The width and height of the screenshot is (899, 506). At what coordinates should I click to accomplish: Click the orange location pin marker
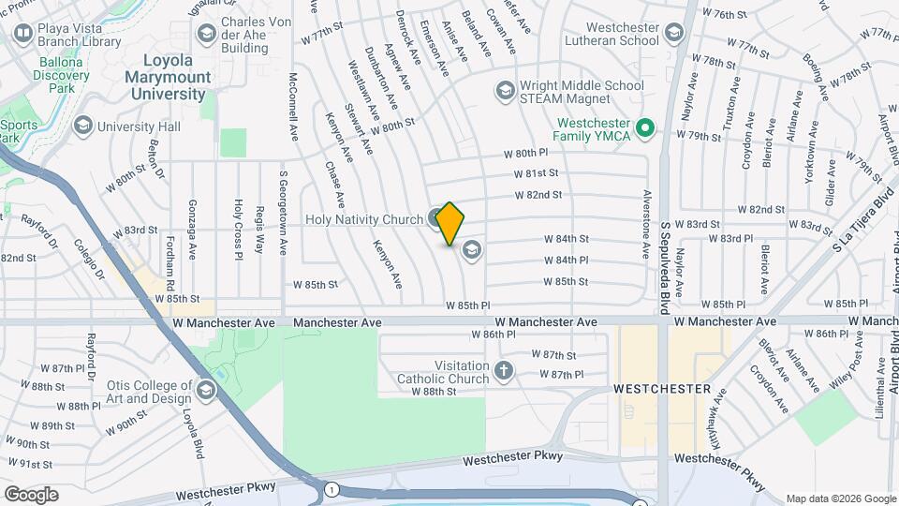click(450, 223)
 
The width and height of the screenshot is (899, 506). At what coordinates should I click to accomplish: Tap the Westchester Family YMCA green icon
click(644, 128)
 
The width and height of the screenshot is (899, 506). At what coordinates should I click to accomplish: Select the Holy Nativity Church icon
click(435, 220)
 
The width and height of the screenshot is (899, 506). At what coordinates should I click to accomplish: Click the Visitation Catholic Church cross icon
click(504, 371)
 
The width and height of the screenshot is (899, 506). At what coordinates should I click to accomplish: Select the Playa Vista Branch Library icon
click(23, 35)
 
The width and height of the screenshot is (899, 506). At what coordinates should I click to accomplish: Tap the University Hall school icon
click(83, 126)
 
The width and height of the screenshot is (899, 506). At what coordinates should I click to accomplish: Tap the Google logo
click(31, 495)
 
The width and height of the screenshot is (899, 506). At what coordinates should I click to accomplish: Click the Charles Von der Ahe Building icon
click(206, 35)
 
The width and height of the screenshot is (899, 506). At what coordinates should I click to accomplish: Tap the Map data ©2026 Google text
click(841, 499)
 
